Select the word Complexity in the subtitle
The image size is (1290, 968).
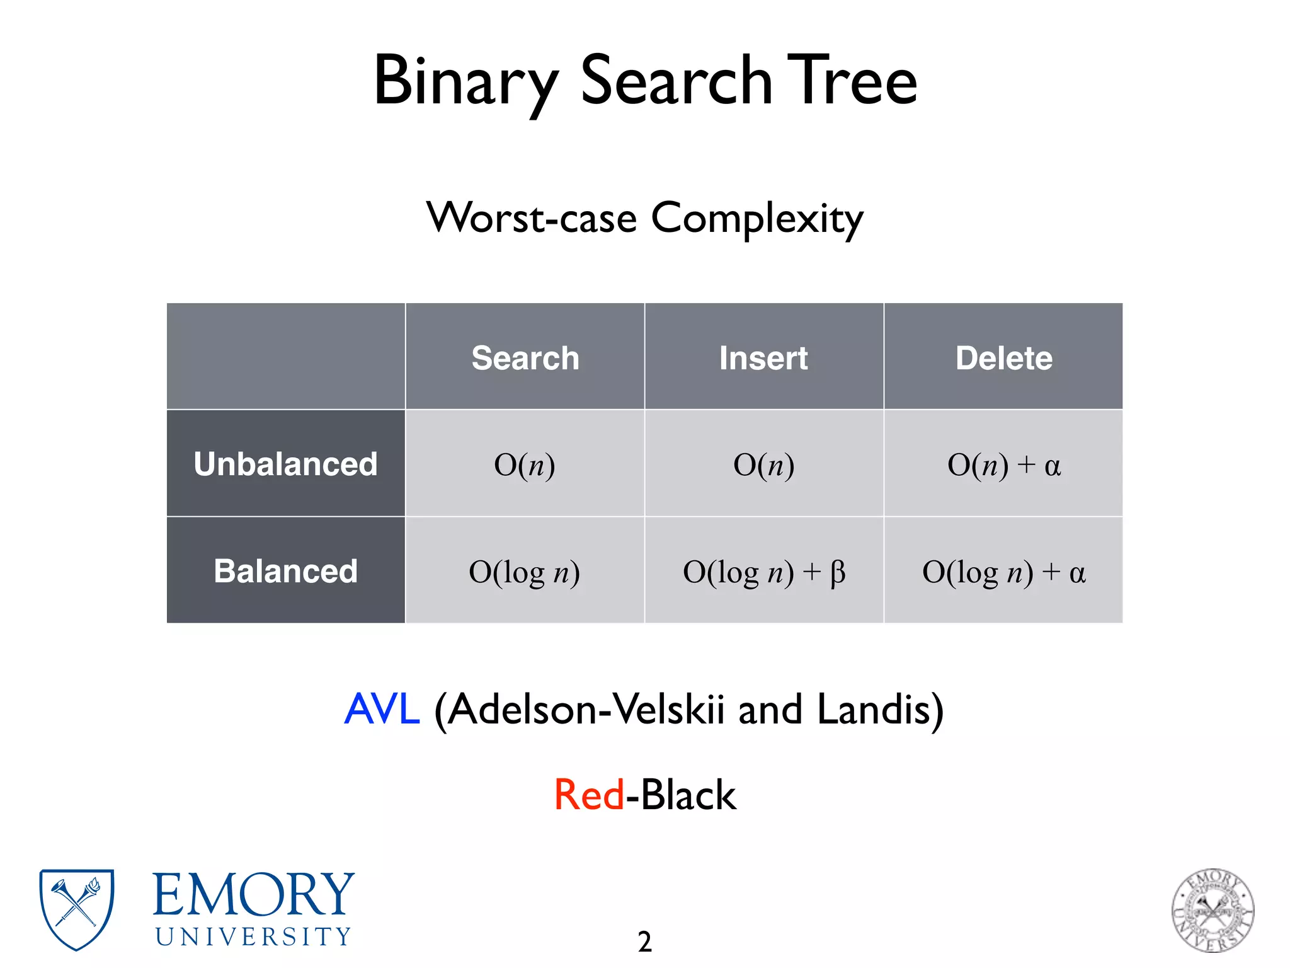(756, 219)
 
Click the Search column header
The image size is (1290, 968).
(525, 358)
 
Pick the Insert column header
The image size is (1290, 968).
(763, 358)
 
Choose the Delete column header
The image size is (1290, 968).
(1003, 358)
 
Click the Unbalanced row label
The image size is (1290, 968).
(285, 464)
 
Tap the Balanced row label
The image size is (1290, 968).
(285, 571)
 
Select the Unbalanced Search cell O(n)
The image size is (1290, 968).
(525, 465)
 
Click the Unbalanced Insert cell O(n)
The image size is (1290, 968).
(763, 465)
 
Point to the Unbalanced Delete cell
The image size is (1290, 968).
(1003, 465)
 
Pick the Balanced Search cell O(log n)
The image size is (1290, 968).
(525, 572)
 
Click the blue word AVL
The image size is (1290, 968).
(382, 709)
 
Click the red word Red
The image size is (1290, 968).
(589, 795)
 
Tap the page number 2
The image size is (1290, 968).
(644, 942)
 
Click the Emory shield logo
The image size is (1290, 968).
(77, 909)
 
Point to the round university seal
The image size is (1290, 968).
(1213, 910)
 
